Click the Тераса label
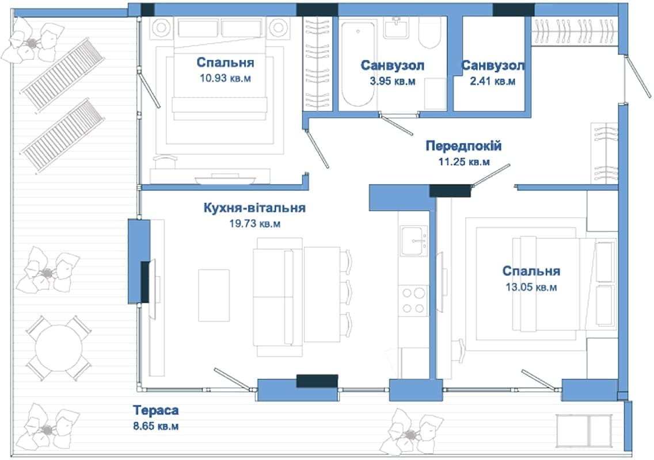pos(156,411)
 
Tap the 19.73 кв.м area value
pos(255,224)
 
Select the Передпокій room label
pos(463,146)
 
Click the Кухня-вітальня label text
pos(254,208)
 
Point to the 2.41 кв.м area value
pos(493,81)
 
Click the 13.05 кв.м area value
pos(531,287)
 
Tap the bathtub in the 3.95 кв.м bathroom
pos(358,64)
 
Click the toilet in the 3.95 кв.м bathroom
pos(429,33)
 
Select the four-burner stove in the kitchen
pos(413,301)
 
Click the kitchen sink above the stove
pos(414,241)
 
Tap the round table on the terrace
pos(59,348)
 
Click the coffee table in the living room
pos(214,296)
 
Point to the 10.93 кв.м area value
pos(225,78)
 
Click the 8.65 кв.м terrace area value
pos(156,426)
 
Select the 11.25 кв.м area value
pos(464,162)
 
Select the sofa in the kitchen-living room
pos(277,297)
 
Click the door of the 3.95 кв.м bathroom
pos(396,124)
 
